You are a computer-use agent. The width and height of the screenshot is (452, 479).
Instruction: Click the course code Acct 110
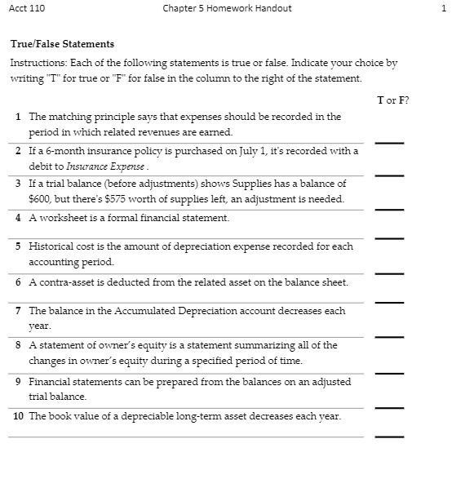click(x=27, y=8)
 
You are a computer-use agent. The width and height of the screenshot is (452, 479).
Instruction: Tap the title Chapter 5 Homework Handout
click(x=227, y=8)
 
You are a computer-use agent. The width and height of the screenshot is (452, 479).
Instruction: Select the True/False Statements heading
click(x=62, y=44)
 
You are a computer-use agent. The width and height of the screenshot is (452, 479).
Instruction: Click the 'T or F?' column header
click(x=392, y=100)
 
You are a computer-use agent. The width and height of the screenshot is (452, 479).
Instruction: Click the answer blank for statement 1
click(x=389, y=141)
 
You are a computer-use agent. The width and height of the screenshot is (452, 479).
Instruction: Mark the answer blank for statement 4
click(x=389, y=237)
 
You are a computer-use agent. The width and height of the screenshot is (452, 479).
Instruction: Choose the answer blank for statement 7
click(x=389, y=335)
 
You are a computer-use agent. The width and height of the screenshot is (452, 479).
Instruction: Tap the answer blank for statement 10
click(x=389, y=435)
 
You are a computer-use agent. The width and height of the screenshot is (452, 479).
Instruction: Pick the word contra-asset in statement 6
click(x=64, y=282)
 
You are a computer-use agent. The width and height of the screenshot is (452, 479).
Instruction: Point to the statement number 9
click(x=18, y=382)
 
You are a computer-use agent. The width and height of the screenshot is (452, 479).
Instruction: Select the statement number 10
click(x=18, y=416)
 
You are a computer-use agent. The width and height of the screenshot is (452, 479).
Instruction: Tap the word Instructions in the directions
click(x=37, y=63)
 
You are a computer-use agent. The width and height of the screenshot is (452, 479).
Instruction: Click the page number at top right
click(x=442, y=8)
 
